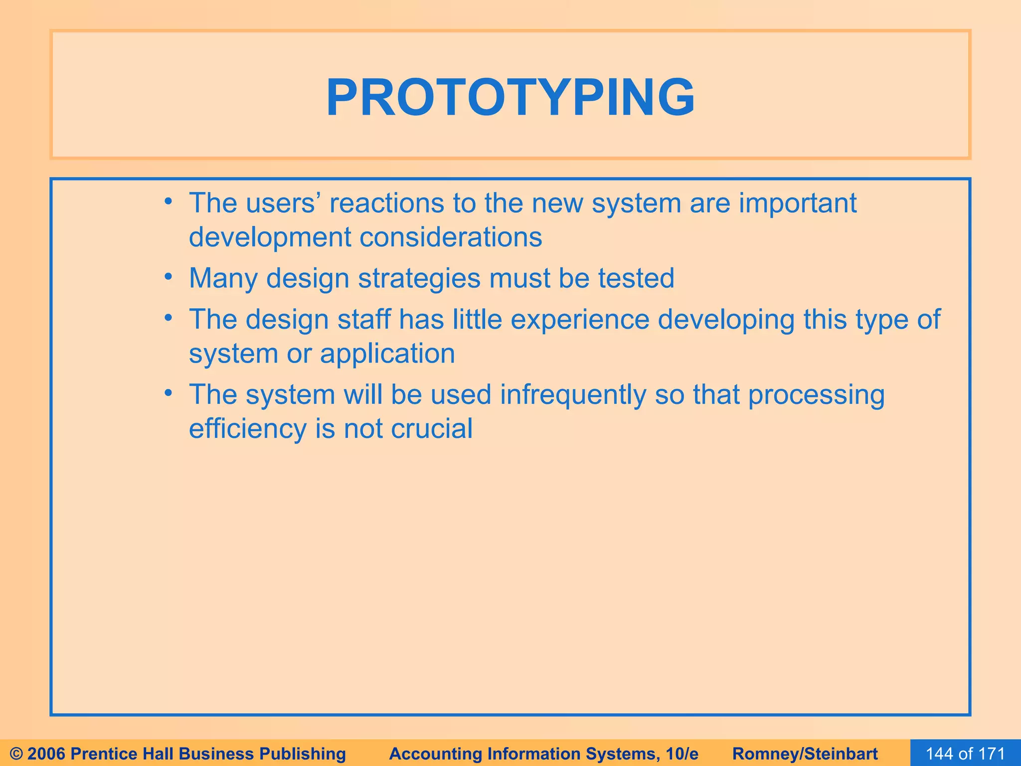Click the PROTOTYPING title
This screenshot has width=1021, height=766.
pos(510,98)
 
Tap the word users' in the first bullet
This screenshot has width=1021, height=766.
pos(282,203)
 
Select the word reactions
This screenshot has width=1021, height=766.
pos(386,203)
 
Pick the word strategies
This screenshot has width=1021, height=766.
pos(419,279)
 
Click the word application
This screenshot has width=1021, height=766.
pos(387,354)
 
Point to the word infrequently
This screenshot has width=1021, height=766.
pos(573,395)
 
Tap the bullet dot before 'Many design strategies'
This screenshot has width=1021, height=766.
pos(169,276)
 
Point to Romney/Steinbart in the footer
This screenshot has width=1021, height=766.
pos(805,754)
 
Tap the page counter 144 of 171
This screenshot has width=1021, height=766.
pos(965,754)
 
